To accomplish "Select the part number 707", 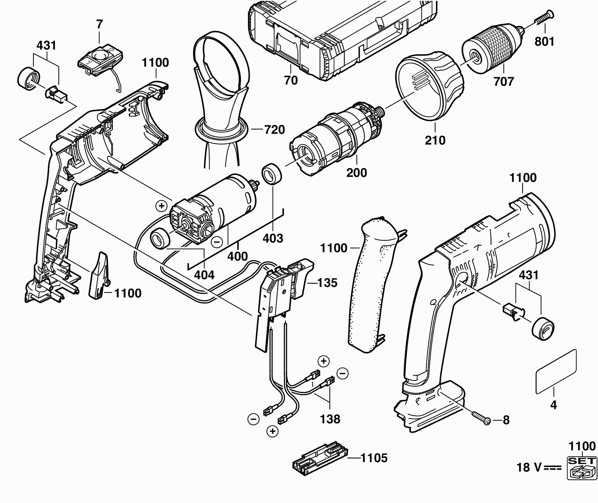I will tap(504, 81).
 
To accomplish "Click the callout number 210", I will tap(435, 140).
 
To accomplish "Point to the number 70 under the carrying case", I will tap(291, 80).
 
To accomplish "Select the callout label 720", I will tap(274, 130).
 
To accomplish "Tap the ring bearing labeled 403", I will tap(271, 175).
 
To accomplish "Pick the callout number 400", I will tap(237, 256).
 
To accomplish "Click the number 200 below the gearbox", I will tap(357, 173).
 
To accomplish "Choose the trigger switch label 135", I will tap(327, 283).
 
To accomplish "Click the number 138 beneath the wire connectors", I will tap(330, 419).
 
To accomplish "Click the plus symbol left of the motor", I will tap(161, 206).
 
